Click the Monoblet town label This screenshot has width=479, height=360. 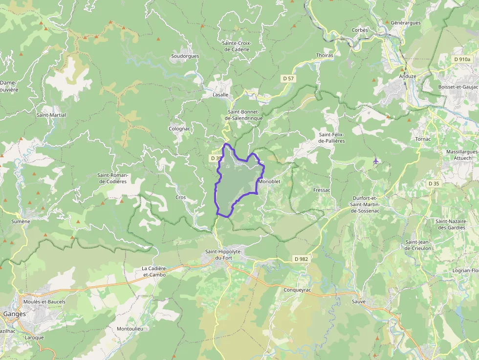pyautogui.click(x=269, y=182)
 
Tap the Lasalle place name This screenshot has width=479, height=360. pyautogui.click(x=220, y=95)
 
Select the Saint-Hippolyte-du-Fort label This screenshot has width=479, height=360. pyautogui.click(x=224, y=254)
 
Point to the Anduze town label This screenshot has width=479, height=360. pyautogui.click(x=408, y=76)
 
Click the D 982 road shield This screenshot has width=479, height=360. pyautogui.click(x=301, y=259)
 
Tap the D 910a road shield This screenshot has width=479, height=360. pyautogui.click(x=462, y=59)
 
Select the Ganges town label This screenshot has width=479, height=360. pyautogui.click(x=14, y=314)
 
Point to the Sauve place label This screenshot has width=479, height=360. pyautogui.click(x=359, y=301)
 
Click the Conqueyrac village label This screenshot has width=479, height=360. pyautogui.click(x=298, y=290)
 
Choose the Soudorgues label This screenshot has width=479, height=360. pyautogui.click(x=185, y=56)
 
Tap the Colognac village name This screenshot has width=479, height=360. pyautogui.click(x=179, y=128)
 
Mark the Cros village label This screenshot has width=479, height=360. pyautogui.click(x=180, y=197)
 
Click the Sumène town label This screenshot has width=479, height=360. pyautogui.click(x=21, y=221)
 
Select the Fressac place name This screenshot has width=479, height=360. pyautogui.click(x=322, y=190)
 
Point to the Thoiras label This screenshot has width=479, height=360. pyautogui.click(x=325, y=55)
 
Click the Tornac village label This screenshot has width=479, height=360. pyautogui.click(x=423, y=139)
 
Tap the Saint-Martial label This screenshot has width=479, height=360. pyautogui.click(x=51, y=115)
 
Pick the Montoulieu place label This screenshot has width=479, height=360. pyautogui.click(x=130, y=329)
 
